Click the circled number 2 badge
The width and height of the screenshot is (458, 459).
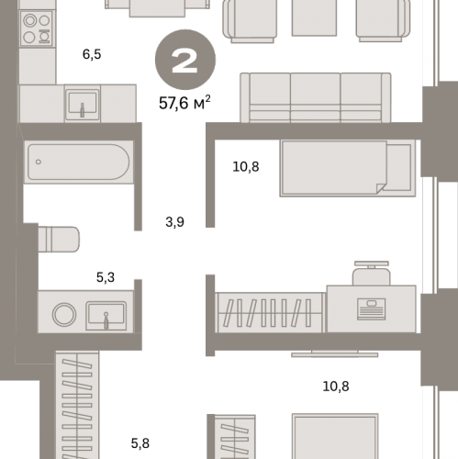[x=185, y=60]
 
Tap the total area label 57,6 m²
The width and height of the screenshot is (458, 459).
[x=184, y=103]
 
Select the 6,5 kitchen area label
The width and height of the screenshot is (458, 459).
[x=92, y=54]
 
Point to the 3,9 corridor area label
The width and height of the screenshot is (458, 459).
[x=174, y=222]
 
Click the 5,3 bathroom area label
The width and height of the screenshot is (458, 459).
[x=106, y=277]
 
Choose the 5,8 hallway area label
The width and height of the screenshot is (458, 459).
[x=140, y=443]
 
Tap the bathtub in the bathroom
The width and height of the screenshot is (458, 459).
[x=79, y=162]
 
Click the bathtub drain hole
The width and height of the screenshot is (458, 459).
[x=39, y=162]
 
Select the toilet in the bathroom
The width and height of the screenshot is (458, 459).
[x=59, y=240]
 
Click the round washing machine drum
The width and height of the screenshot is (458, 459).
[x=64, y=314]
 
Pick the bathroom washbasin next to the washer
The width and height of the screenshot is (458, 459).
[x=106, y=316]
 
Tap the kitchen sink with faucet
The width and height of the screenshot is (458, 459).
[x=82, y=103]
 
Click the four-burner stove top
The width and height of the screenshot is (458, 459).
[x=38, y=28]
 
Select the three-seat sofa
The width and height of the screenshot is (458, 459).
[x=316, y=97]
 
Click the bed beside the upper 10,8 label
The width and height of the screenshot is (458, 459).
[x=348, y=168]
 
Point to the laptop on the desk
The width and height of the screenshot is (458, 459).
[x=371, y=309]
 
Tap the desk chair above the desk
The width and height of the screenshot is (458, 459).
[x=372, y=273]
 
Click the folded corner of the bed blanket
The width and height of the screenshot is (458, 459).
[x=381, y=188]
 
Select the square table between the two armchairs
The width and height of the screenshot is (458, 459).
[x=314, y=17]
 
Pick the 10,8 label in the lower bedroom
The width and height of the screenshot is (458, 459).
[x=336, y=386]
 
